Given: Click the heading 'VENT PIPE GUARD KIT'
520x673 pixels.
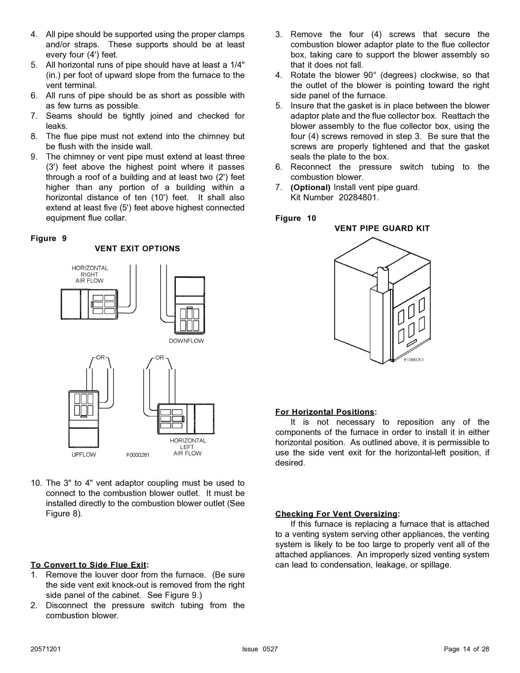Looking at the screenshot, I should click(382, 228).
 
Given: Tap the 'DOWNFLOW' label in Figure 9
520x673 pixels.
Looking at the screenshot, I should click(186, 341).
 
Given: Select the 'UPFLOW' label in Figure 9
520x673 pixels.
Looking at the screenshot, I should click(84, 454).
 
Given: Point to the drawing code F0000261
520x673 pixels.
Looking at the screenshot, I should click(139, 455).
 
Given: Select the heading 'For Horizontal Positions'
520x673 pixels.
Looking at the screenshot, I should click(325, 412).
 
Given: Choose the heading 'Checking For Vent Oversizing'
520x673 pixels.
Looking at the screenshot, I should click(338, 514).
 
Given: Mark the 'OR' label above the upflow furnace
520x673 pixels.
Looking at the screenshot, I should click(100, 358).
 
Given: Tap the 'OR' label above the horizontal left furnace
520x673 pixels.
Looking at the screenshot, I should click(160, 358).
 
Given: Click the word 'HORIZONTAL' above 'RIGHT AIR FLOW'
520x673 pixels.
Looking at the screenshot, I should click(90, 268).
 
